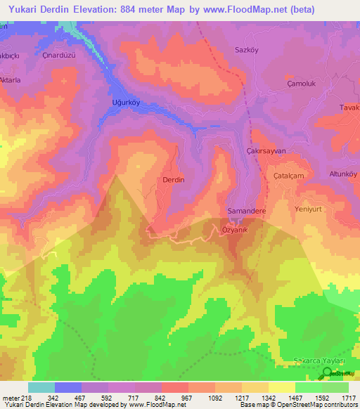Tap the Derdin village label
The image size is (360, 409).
coord(174,180)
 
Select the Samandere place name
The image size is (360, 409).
coord(245,211)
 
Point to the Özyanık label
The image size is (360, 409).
coord(236,230)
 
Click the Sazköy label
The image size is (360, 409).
coord(247,50)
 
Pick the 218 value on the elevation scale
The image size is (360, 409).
coord(25,397)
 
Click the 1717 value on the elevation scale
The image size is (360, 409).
coord(348,397)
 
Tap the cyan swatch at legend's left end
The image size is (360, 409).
coord(41,387)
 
